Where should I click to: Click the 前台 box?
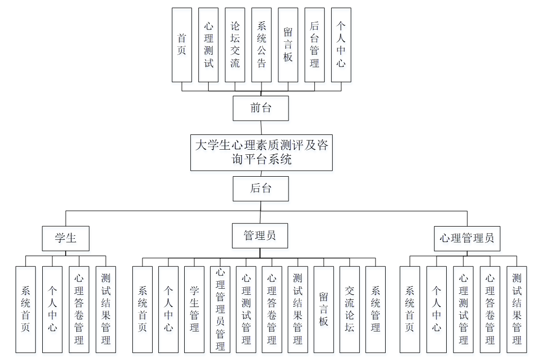point(260,108)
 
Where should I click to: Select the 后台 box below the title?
point(260,188)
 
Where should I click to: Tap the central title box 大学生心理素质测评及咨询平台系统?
point(262,152)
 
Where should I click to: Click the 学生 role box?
point(66,238)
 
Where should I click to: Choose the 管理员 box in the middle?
point(260,236)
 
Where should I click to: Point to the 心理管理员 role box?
point(467,238)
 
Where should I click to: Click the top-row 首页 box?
point(182,45)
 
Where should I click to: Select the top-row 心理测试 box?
point(208,45)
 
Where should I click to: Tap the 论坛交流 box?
point(235,45)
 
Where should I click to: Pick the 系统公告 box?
point(261,45)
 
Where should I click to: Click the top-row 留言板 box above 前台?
point(288,45)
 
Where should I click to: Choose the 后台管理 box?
point(314,45)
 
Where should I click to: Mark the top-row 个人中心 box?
point(341,45)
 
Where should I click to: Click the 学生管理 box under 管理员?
point(194,310)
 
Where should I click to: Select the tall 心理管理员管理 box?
point(220,310)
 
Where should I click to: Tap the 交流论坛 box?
point(350,310)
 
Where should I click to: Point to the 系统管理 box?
point(375,310)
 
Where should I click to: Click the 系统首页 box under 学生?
point(25,310)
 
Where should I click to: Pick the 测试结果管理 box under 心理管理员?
point(517,310)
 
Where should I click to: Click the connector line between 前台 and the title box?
point(262,127)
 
